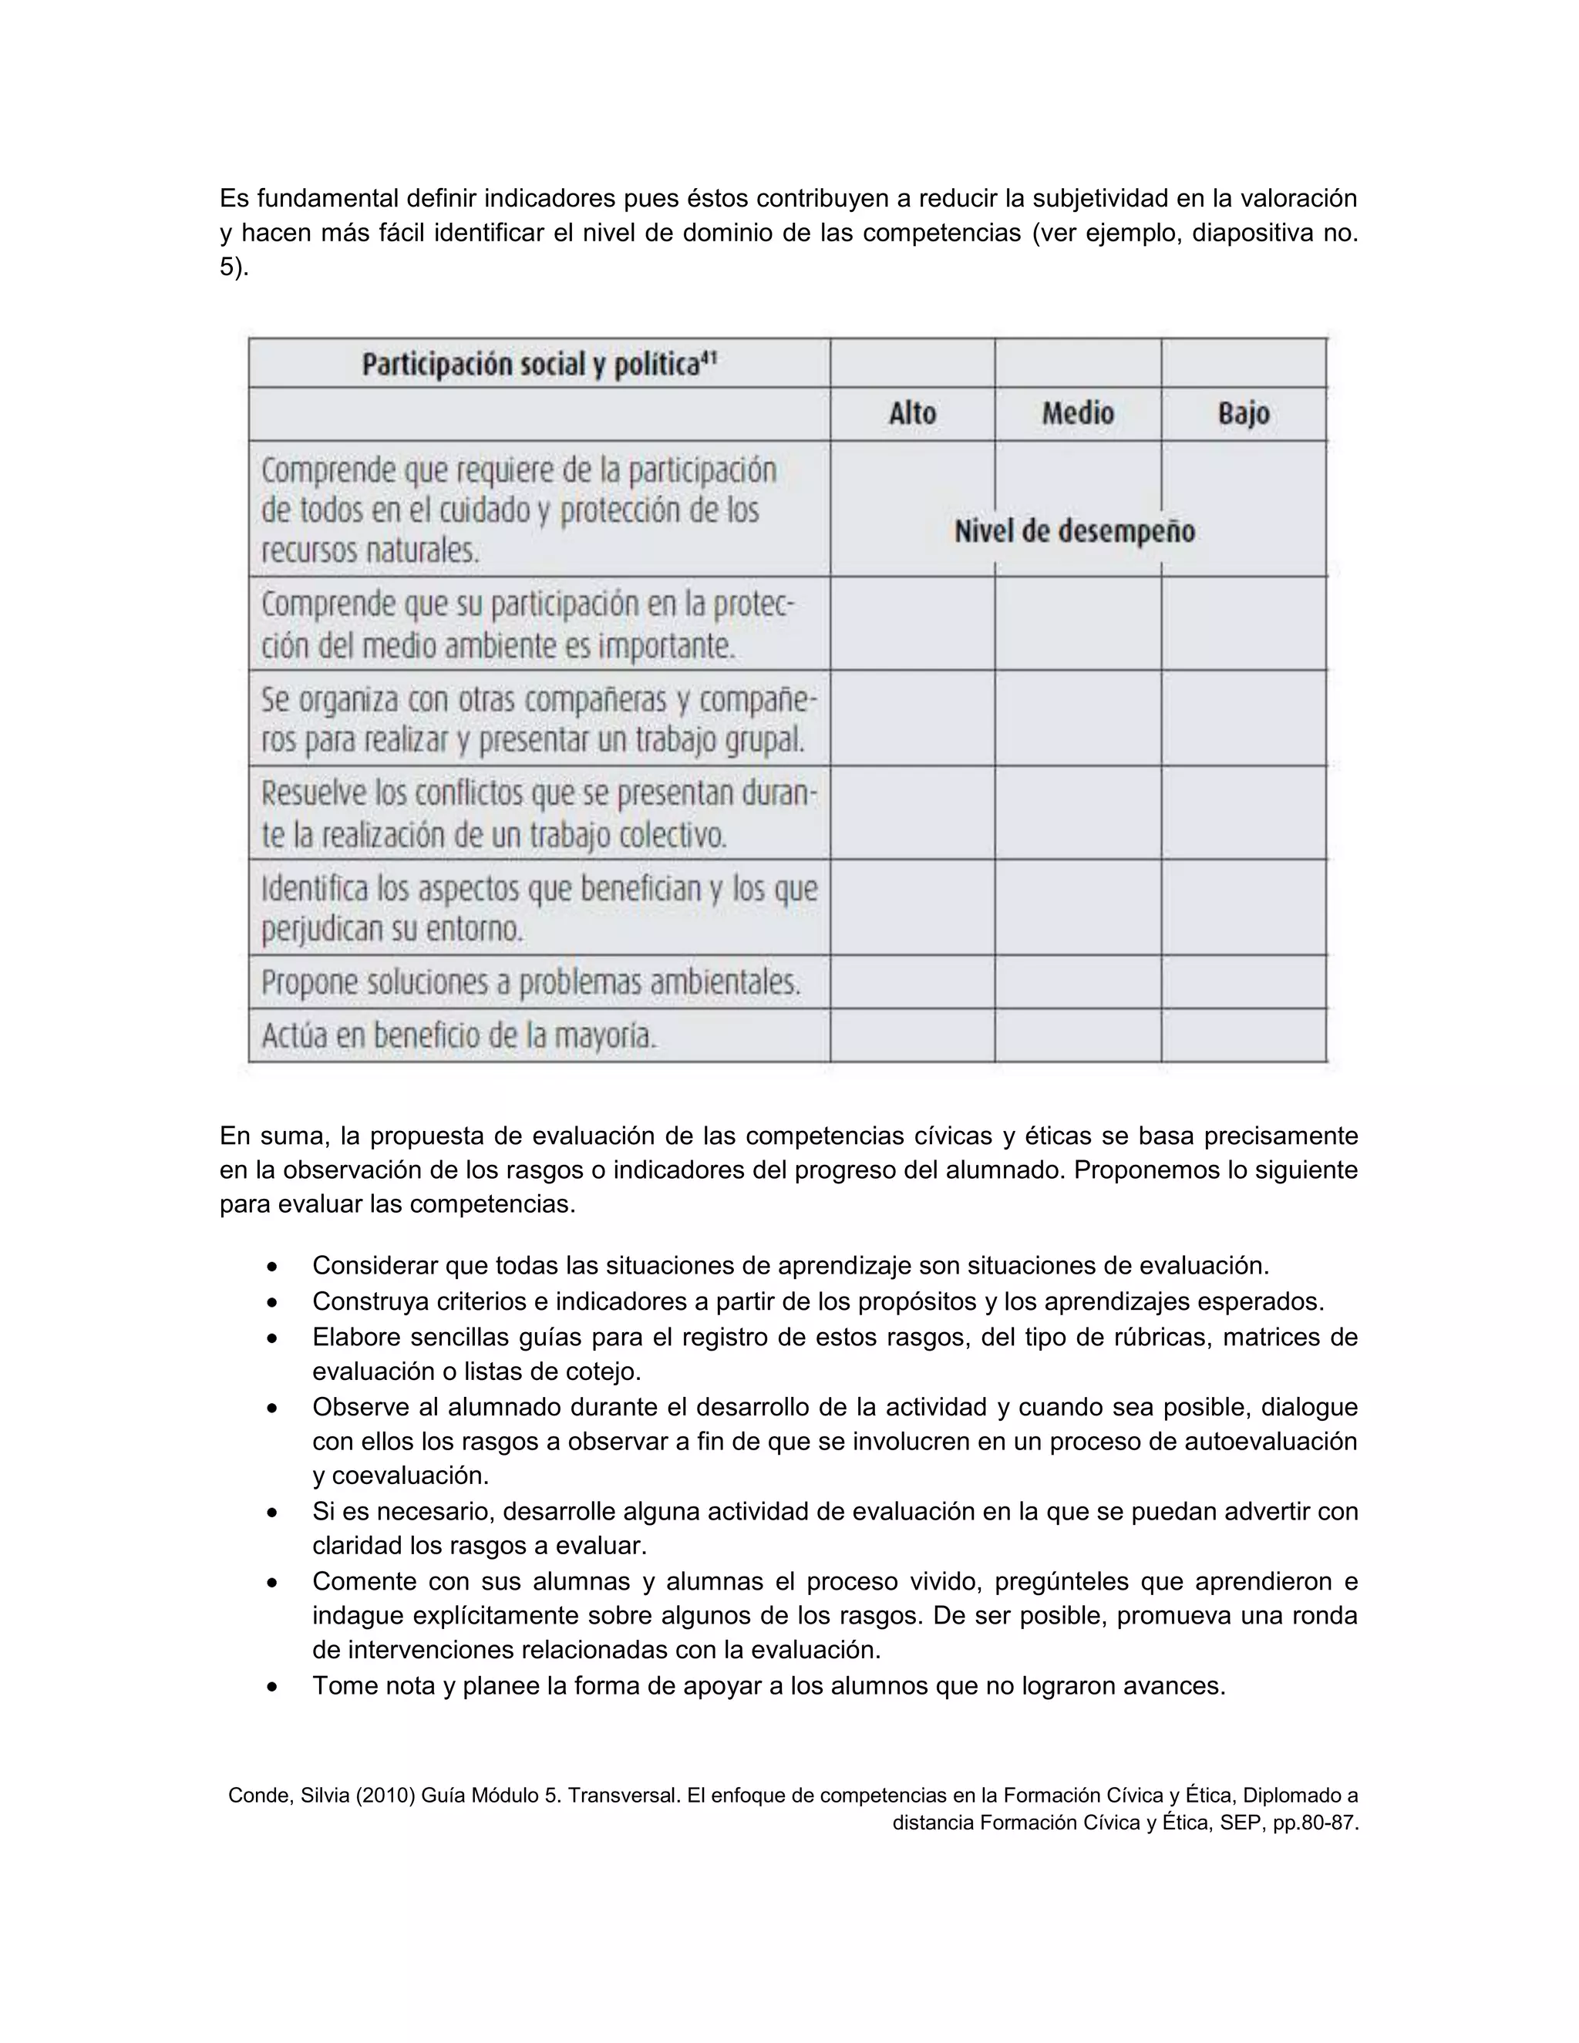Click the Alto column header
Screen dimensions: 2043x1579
[x=912, y=413]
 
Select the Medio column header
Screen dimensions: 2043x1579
[x=1078, y=413]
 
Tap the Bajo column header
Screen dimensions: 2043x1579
[x=1243, y=413]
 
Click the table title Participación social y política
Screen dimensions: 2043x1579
[x=530, y=364]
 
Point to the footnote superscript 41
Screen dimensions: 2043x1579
[x=709, y=356]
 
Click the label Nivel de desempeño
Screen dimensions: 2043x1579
[x=1074, y=531]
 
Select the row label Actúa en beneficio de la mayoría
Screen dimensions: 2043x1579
[x=460, y=1035]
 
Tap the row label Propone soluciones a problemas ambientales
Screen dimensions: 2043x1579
[x=530, y=982]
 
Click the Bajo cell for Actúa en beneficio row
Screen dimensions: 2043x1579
[x=1243, y=1035]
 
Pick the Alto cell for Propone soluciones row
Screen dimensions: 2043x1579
[x=912, y=982]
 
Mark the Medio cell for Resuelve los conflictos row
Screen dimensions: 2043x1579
[x=1078, y=813]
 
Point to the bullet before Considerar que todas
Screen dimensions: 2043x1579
[x=271, y=1267]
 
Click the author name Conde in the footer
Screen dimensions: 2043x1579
[x=259, y=1795]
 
